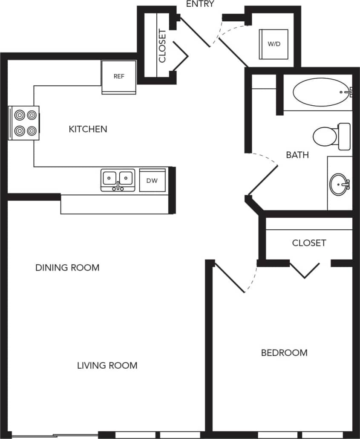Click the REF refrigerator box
pyautogui.click(x=119, y=77)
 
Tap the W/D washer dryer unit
pyautogui.click(x=274, y=44)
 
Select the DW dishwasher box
pyautogui.click(x=152, y=181)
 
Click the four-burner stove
pyautogui.click(x=24, y=123)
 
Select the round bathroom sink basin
pyautogui.click(x=340, y=184)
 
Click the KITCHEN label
pyautogui.click(x=88, y=129)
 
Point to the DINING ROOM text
pyautogui.click(x=67, y=268)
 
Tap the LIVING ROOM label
pyautogui.click(x=107, y=365)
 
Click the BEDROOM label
pyautogui.click(x=284, y=352)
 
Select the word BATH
pyautogui.click(x=297, y=155)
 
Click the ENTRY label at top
pyautogui.click(x=200, y=4)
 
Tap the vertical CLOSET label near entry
pyautogui.click(x=162, y=46)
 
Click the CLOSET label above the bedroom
pyautogui.click(x=309, y=243)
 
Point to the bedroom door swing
pyautogui.click(x=230, y=277)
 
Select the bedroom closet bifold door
pyautogui.click(x=305, y=271)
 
